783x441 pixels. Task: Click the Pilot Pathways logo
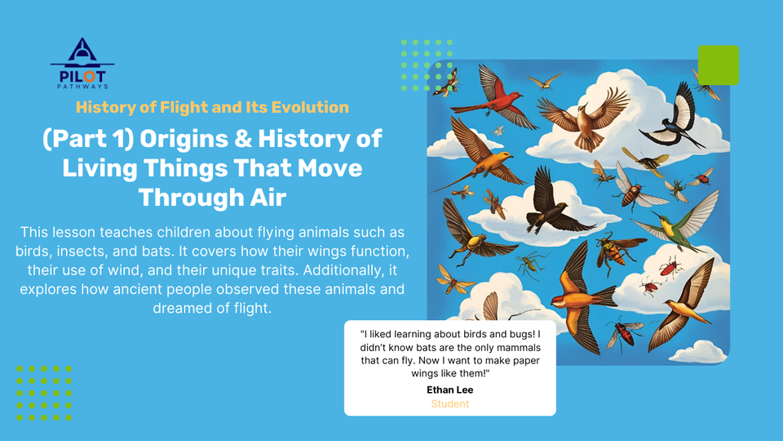(82, 64)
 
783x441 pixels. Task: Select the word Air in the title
(268, 197)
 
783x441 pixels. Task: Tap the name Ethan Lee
(450, 390)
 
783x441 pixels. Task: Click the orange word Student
(450, 404)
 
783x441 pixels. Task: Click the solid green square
(718, 65)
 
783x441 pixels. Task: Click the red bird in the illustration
(494, 96)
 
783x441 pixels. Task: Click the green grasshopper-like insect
(530, 263)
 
